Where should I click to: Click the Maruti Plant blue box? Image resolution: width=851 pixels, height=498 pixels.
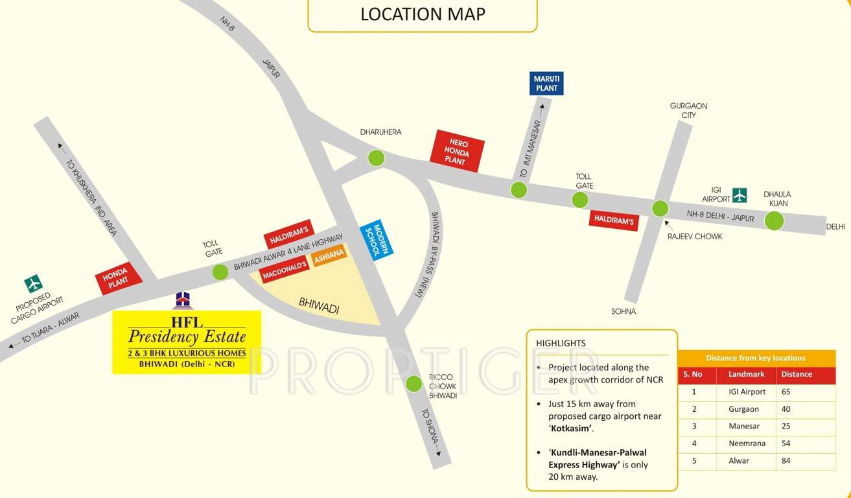pyautogui.click(x=546, y=84)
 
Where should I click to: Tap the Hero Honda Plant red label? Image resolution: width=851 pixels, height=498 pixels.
pyautogui.click(x=457, y=151)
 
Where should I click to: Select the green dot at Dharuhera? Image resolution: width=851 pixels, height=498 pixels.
pyautogui.click(x=376, y=158)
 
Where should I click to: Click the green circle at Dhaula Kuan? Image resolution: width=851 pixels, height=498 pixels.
pyautogui.click(x=774, y=220)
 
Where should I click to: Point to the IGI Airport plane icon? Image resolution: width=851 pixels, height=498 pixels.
pyautogui.click(x=740, y=195)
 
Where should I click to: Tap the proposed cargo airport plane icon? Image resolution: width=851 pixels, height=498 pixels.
pyautogui.click(x=33, y=283)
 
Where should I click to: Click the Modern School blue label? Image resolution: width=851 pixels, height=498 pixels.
pyautogui.click(x=377, y=238)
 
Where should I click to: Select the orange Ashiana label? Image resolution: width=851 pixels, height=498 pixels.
pyautogui.click(x=329, y=255)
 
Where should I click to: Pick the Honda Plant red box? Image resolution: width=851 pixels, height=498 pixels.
pyautogui.click(x=120, y=278)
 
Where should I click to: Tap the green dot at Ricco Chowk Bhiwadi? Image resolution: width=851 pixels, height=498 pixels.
pyautogui.click(x=414, y=384)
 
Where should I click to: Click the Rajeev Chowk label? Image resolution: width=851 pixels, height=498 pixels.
pyautogui.click(x=695, y=237)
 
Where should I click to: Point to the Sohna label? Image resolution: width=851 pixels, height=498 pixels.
pyautogui.click(x=624, y=311)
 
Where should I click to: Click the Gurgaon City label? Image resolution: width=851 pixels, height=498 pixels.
pyautogui.click(x=688, y=110)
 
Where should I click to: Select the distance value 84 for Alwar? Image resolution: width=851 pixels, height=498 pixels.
pyautogui.click(x=787, y=460)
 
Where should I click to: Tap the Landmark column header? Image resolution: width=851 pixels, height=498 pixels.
pyautogui.click(x=746, y=374)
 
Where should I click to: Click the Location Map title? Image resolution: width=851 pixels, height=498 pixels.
pyautogui.click(x=423, y=14)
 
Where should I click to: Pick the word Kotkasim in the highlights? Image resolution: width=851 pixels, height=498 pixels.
pyautogui.click(x=571, y=429)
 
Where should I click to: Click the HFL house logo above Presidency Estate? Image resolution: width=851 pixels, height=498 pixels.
pyautogui.click(x=183, y=300)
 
